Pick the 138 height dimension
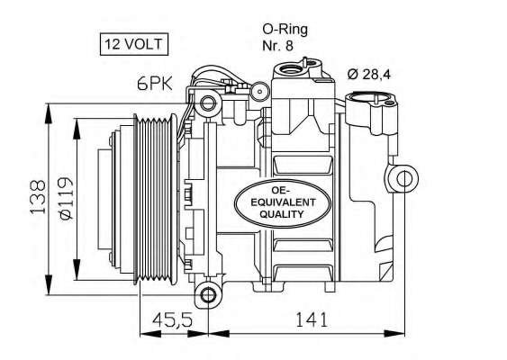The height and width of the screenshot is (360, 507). [37, 199]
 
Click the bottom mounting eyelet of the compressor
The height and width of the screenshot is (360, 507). [209, 294]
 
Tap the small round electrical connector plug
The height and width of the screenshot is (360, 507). [258, 91]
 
